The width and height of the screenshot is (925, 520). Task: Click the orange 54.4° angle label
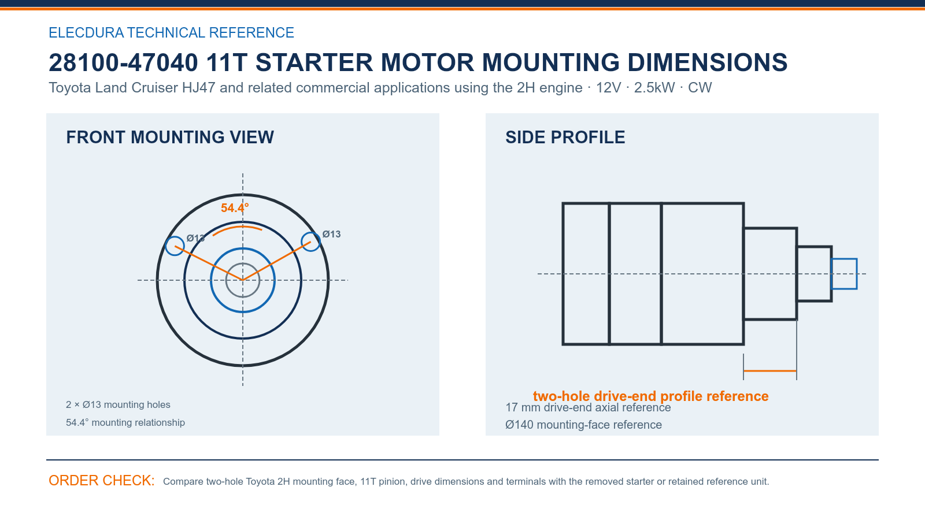pos(235,208)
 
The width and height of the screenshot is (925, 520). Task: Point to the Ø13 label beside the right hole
pos(332,235)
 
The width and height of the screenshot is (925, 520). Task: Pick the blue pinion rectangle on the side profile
pos(844,259)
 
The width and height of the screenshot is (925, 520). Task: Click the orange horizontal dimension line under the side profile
pos(770,371)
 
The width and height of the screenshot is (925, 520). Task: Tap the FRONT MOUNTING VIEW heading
pos(170,138)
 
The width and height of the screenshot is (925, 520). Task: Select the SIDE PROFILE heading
pos(565,138)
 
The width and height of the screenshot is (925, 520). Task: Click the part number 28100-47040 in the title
pos(124,63)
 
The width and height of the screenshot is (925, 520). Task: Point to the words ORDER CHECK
pos(102,481)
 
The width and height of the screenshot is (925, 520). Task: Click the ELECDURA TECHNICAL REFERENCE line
pos(171,32)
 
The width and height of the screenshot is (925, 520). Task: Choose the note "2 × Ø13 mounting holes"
pos(118,405)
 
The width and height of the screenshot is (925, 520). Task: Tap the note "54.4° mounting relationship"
pos(125,422)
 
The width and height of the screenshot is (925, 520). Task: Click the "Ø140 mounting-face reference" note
pos(583,425)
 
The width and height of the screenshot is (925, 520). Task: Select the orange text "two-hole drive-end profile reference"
pos(651,396)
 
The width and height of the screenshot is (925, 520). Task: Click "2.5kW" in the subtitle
pos(654,88)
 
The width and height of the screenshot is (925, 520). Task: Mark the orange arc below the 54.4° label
pos(238,228)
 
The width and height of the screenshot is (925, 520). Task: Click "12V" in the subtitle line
pos(608,88)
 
